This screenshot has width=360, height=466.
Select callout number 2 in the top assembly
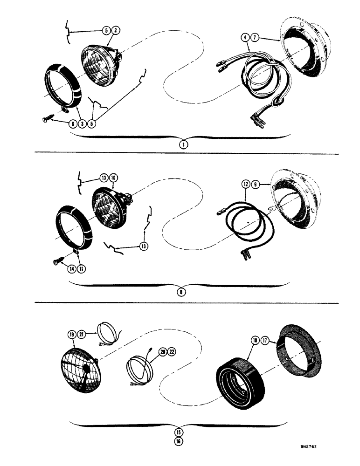[x=116, y=31]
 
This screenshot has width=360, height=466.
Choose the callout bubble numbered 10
[x=114, y=178]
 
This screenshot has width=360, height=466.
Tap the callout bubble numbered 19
[x=71, y=334]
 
